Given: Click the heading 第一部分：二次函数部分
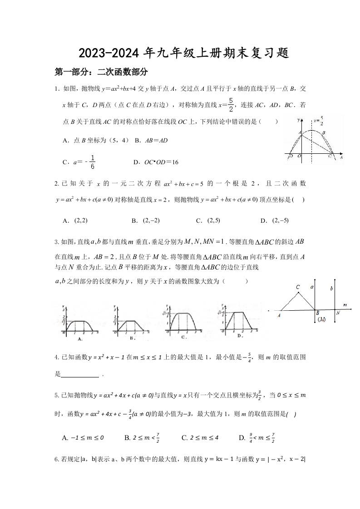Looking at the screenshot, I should click(x=101, y=72).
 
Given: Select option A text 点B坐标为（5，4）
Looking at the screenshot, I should click(x=97, y=141).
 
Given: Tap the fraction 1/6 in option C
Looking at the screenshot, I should click(x=92, y=162).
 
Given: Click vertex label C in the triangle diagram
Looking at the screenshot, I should click(x=298, y=287).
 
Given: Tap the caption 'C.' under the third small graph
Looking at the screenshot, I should click(x=183, y=337).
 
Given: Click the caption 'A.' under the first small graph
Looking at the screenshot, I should click(x=80, y=338).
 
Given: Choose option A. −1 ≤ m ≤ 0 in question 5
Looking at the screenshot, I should click(x=83, y=438).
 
